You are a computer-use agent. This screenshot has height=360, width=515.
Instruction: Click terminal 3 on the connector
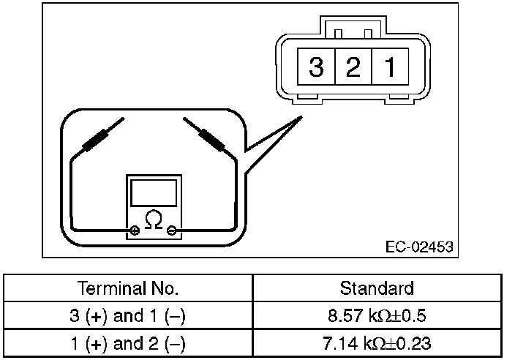pyautogui.click(x=316, y=68)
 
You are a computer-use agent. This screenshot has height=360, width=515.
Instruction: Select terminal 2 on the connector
pyautogui.click(x=353, y=68)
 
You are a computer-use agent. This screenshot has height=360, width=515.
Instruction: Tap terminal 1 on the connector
pyautogui.click(x=390, y=68)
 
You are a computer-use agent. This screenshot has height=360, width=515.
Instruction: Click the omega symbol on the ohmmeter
pyautogui.click(x=154, y=218)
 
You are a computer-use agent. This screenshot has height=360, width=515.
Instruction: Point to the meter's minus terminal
pyautogui.click(x=172, y=231)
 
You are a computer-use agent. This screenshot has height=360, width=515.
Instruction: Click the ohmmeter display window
pyautogui.click(x=154, y=192)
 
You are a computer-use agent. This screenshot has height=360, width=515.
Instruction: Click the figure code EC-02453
pyautogui.click(x=419, y=246)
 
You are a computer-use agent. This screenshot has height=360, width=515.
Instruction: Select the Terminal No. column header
pyautogui.click(x=128, y=288)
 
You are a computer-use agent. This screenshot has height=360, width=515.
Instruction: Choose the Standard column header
pyautogui.click(x=377, y=288)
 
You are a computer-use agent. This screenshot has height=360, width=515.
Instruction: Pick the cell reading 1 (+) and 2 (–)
pyautogui.click(x=128, y=342)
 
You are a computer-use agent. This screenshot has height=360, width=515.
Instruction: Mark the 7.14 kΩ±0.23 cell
pyautogui.click(x=377, y=342)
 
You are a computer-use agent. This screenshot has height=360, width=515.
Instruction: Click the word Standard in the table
pyautogui.click(x=377, y=288)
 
